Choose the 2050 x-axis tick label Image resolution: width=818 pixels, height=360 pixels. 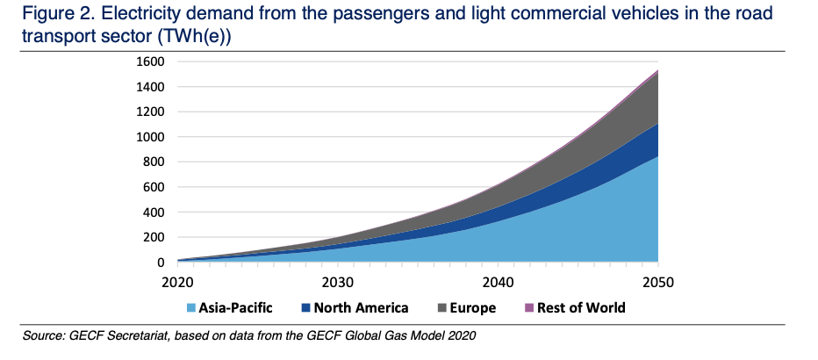click(657, 283)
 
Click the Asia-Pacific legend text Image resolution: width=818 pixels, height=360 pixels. click(235, 308)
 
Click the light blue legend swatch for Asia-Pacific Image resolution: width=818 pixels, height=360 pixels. click(190, 308)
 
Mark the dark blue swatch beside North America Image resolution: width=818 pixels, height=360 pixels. click(307, 308)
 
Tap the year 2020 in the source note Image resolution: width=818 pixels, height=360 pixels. click(460, 336)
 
